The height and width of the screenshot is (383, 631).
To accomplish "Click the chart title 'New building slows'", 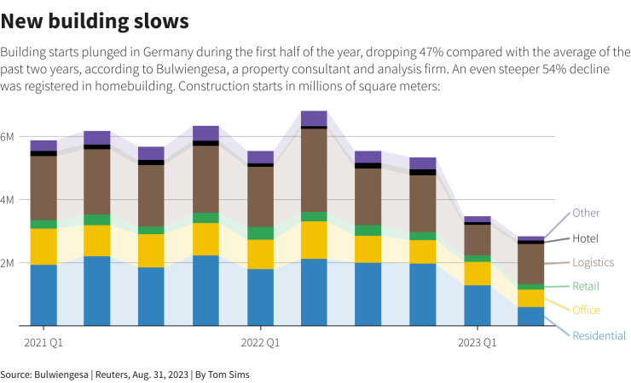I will pos(95,18).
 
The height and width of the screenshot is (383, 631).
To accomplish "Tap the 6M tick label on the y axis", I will pos(8,137).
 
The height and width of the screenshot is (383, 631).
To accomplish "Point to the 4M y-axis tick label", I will pos(8,200).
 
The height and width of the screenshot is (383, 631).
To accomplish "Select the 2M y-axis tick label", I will pos(8,263).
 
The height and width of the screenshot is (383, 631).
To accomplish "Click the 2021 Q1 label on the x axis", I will pos(43,343).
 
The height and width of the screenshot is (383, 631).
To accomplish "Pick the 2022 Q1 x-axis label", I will pos(260,343).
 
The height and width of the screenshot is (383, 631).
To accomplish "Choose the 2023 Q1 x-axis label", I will pos(478,343).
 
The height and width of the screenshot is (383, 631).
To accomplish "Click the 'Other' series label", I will pos(586,213).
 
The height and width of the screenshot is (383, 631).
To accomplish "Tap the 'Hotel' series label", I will pos(586,238).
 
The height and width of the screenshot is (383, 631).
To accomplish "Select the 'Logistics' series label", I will pos(593,263).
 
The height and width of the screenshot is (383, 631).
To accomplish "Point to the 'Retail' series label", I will pos(586,287).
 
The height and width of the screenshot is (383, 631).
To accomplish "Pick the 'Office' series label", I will pos(586,311).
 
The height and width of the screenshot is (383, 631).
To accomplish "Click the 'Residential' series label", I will pos(599,336).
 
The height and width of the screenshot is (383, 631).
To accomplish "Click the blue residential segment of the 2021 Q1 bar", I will pos(43,294).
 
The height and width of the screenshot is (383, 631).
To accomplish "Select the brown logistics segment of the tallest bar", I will pos(314,170).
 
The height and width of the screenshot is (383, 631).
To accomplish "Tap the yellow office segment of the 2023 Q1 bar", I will pos(478,273).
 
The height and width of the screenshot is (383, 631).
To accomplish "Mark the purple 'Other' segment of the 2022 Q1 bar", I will pos(260,157).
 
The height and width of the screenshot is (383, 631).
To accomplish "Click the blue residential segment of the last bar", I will pos(531,316).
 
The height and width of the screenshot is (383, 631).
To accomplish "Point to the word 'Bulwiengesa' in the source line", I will pos(60,374).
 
